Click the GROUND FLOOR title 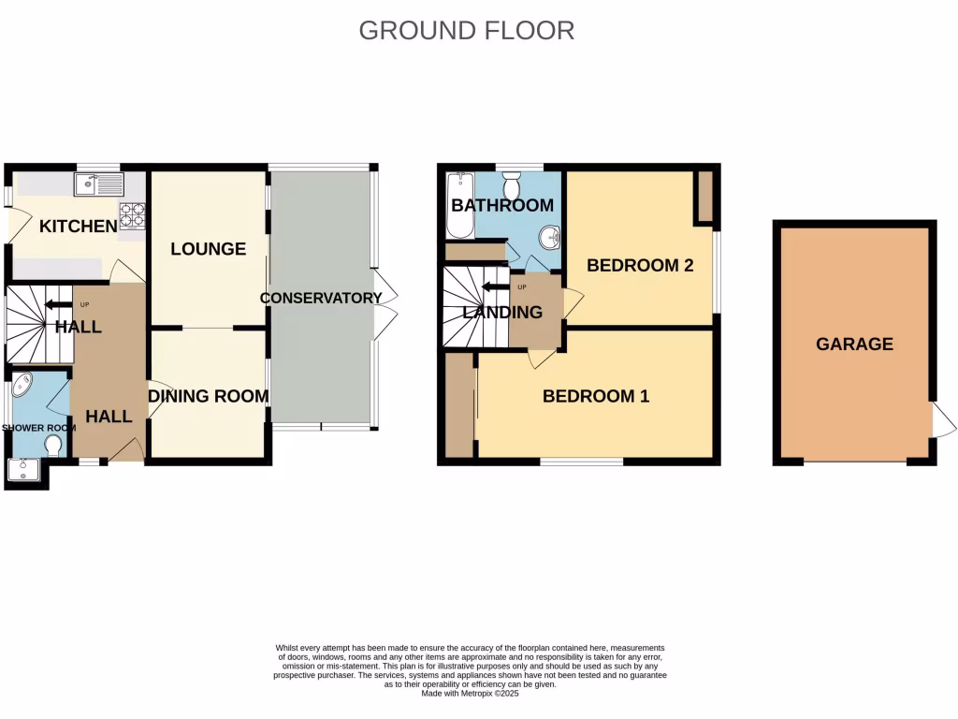click(466, 30)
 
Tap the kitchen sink click(98, 183)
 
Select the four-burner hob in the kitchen click(132, 216)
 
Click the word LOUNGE click(208, 248)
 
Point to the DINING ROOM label click(208, 396)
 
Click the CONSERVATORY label click(321, 298)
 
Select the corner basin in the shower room click(21, 386)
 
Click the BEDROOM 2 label click(640, 265)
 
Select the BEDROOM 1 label click(596, 396)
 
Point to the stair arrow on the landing click(494, 286)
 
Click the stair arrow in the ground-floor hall click(58, 304)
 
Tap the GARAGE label click(854, 344)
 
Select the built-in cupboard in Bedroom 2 click(704, 198)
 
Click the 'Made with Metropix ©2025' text click(470, 694)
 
